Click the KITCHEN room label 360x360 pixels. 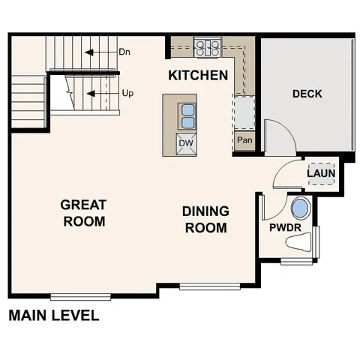[198, 75]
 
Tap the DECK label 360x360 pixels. [307, 94]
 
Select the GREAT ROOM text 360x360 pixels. [83, 212]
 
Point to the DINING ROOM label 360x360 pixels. [205, 219]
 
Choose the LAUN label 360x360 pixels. [321, 174]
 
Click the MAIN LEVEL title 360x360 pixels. [53, 316]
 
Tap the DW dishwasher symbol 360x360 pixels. [186, 142]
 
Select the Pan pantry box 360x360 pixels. [244, 140]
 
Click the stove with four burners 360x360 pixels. [208, 49]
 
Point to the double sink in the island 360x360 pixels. [187, 116]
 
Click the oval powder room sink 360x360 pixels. [299, 208]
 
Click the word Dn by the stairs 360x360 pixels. [125, 52]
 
